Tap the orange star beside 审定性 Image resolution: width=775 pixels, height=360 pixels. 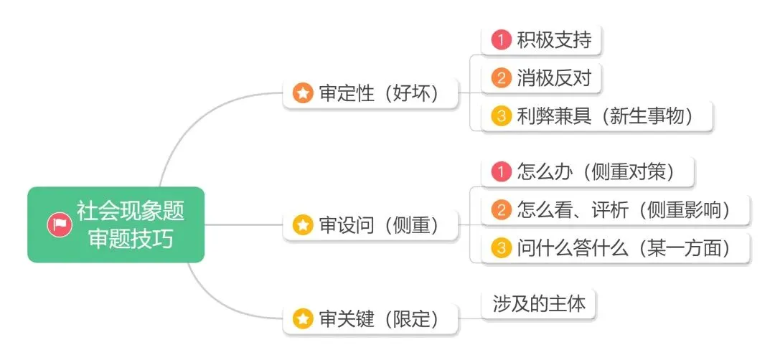(x=304, y=93)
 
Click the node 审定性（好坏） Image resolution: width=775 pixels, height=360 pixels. (x=370, y=93)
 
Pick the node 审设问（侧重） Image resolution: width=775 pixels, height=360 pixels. (x=370, y=225)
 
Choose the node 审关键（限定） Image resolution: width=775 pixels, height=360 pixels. (x=370, y=318)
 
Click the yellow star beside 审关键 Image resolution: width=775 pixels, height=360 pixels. (x=304, y=318)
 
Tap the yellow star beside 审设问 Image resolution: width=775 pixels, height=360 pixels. (x=304, y=225)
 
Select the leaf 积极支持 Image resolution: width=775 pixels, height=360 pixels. (x=542, y=40)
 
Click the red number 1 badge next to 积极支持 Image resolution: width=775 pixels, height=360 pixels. (x=501, y=40)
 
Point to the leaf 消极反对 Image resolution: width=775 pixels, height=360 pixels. (x=542, y=77)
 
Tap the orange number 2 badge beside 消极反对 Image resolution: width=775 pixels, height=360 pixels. (x=501, y=77)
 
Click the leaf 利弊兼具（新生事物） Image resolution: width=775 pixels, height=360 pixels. (x=593, y=115)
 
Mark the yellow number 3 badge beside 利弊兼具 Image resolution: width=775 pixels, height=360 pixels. (x=501, y=115)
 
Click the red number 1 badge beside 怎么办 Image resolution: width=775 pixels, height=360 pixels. (x=501, y=171)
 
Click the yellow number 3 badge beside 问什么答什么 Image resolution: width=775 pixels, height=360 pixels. (x=501, y=247)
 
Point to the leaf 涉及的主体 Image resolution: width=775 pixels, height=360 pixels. (x=539, y=304)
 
